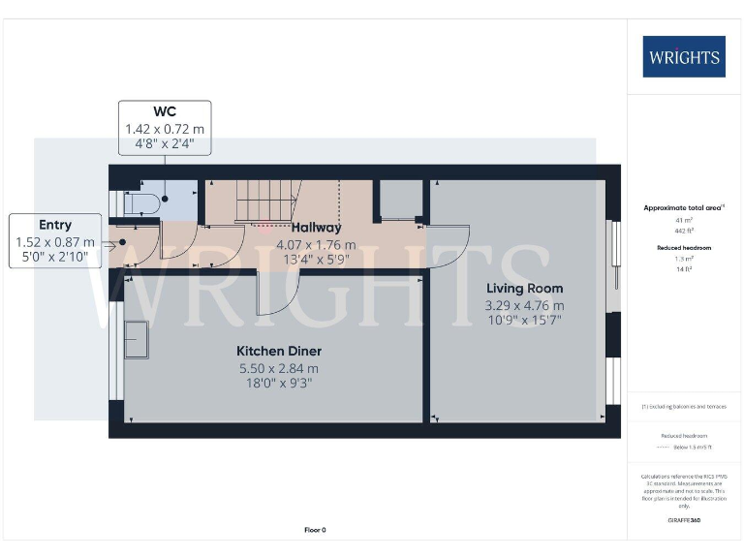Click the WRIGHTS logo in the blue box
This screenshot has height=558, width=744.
pyautogui.click(x=683, y=56)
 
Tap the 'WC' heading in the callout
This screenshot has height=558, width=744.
pyautogui.click(x=165, y=111)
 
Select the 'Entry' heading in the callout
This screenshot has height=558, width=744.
pyautogui.click(x=55, y=225)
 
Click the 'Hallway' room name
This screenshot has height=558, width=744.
pyautogui.click(x=316, y=228)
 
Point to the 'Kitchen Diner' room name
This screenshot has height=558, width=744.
pyautogui.click(x=279, y=351)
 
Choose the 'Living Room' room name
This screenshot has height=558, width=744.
pyautogui.click(x=523, y=289)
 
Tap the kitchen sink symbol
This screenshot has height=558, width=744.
pyautogui.click(x=137, y=339)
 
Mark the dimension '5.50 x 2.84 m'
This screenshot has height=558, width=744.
pyautogui.click(x=279, y=368)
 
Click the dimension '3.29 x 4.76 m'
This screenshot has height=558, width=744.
pyautogui.click(x=523, y=305)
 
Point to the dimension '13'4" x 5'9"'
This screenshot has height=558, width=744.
pyautogui.click(x=316, y=259)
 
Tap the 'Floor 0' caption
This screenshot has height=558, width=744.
pyautogui.click(x=316, y=530)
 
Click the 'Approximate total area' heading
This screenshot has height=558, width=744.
pyautogui.click(x=684, y=208)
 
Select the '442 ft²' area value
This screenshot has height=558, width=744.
pyautogui.click(x=684, y=230)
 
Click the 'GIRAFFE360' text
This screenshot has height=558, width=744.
pyautogui.click(x=684, y=521)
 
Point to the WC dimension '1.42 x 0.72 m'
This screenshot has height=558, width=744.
pyautogui.click(x=165, y=129)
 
